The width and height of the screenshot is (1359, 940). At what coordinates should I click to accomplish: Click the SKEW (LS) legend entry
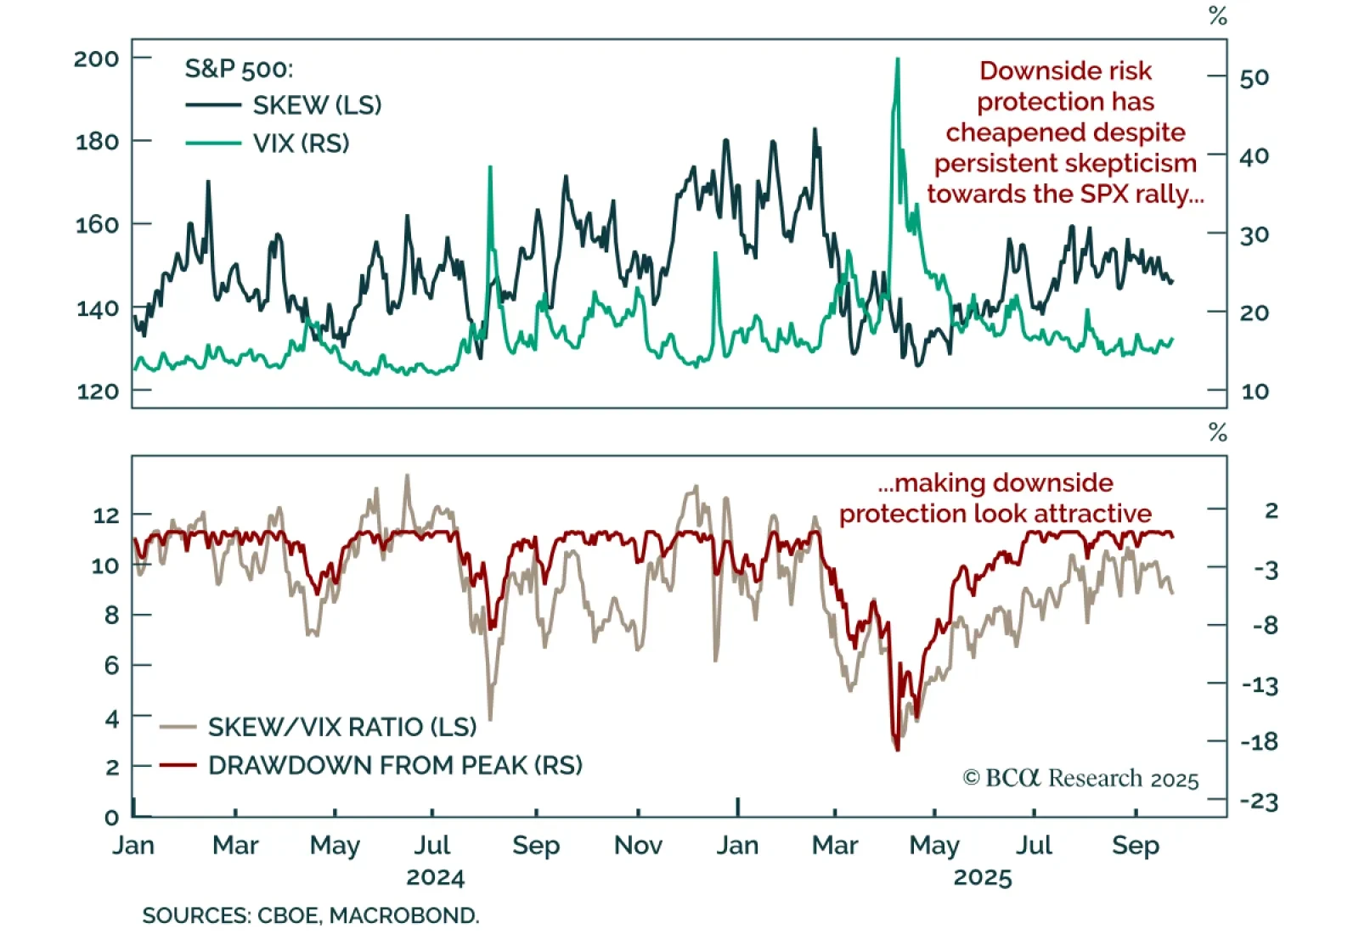tap(317, 105)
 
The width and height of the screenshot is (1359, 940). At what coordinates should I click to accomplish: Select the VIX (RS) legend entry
tap(301, 144)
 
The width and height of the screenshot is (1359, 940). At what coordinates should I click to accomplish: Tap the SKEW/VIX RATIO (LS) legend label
tap(341, 727)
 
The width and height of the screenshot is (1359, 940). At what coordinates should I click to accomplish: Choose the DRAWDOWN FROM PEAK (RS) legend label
tap(395, 765)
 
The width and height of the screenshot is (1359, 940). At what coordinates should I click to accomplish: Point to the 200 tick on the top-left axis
tap(96, 59)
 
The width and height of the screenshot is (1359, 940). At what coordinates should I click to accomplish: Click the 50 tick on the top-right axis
tap(1254, 78)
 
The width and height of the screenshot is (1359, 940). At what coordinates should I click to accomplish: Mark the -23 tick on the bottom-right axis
tap(1259, 802)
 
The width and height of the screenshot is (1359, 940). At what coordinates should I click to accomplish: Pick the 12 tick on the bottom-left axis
tap(106, 515)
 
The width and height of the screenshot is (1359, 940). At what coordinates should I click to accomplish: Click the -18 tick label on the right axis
tap(1259, 742)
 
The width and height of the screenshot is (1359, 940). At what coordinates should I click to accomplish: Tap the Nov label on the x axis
tap(638, 845)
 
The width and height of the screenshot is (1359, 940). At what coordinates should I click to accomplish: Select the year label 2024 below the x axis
tap(435, 877)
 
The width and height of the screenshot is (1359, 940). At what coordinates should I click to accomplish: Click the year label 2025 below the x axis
tap(983, 877)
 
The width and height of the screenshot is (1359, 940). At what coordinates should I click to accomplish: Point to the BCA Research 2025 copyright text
tap(1080, 779)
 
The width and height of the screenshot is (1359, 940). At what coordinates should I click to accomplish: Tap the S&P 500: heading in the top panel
tap(239, 69)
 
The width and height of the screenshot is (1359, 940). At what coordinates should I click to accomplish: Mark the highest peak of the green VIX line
tap(897, 59)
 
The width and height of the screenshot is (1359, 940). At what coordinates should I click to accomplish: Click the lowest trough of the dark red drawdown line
tap(897, 749)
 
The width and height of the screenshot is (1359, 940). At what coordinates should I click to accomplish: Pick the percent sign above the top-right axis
tap(1218, 16)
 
